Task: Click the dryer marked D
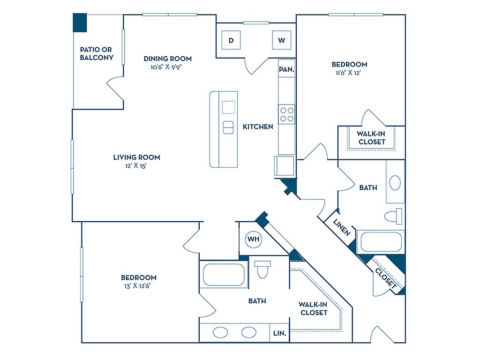(231, 40)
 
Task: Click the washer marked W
(282, 40)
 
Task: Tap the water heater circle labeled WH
(254, 239)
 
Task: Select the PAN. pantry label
(286, 69)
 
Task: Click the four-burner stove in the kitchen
(287, 114)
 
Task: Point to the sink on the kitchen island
(228, 127)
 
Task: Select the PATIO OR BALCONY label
(97, 53)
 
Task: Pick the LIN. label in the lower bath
(280, 334)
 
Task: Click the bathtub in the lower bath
(224, 275)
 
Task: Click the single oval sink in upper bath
(395, 182)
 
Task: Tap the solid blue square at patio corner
(80, 22)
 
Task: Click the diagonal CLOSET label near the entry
(386, 278)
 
